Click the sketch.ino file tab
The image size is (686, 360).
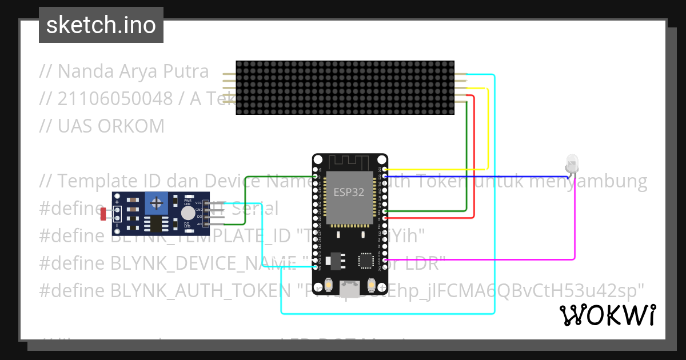[101, 25]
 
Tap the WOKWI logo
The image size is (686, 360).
[607, 315]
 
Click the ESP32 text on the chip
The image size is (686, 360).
[349, 192]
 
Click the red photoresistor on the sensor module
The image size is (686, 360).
[103, 214]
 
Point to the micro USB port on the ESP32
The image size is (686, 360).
[350, 289]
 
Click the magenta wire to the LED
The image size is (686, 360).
[575, 229]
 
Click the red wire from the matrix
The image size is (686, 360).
[474, 160]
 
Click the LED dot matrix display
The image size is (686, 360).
[345, 87]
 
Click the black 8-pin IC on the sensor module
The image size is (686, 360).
[155, 223]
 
